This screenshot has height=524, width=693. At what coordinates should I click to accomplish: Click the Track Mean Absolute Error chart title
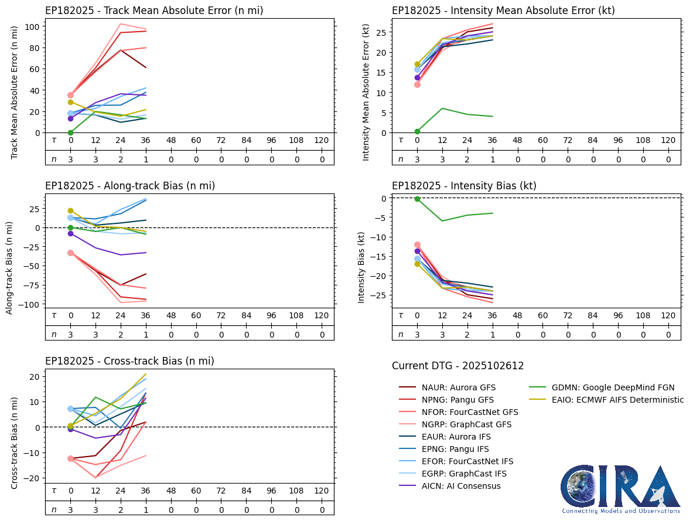(154, 11)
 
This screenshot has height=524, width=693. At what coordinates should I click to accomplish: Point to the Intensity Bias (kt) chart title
(464, 186)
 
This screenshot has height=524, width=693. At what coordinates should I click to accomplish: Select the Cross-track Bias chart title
(129, 361)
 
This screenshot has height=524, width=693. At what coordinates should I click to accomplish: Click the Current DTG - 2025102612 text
(458, 366)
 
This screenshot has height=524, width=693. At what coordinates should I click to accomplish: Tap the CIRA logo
(620, 489)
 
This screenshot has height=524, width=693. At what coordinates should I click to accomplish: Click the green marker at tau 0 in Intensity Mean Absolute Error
(417, 131)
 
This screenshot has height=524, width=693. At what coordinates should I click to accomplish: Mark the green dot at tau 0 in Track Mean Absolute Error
(70, 132)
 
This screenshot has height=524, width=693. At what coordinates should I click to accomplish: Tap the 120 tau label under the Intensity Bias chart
(668, 315)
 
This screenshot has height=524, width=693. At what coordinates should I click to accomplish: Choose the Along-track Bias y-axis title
(10, 267)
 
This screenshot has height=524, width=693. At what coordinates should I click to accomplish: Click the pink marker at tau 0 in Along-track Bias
(70, 253)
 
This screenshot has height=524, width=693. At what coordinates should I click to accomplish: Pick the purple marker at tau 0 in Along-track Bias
(70, 233)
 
